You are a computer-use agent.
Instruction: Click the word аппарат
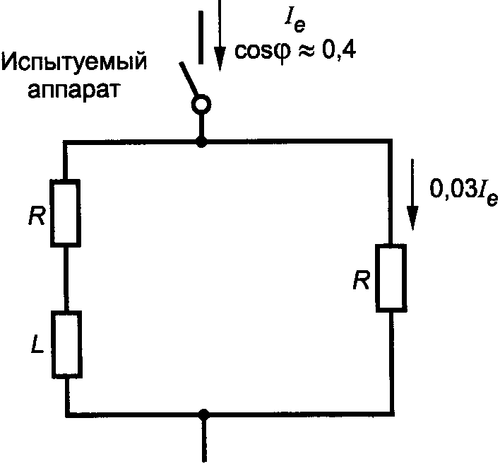[73, 91]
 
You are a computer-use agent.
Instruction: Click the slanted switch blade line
[189, 81]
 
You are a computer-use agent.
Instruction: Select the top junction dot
[202, 142]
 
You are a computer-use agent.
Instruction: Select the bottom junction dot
[205, 413]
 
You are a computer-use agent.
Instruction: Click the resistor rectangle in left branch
[66, 213]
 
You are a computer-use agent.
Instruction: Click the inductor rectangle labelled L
[66, 345]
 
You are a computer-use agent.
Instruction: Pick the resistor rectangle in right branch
[391, 277]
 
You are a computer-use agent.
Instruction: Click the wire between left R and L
[66, 279]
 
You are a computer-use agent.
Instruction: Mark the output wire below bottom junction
[205, 439]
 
